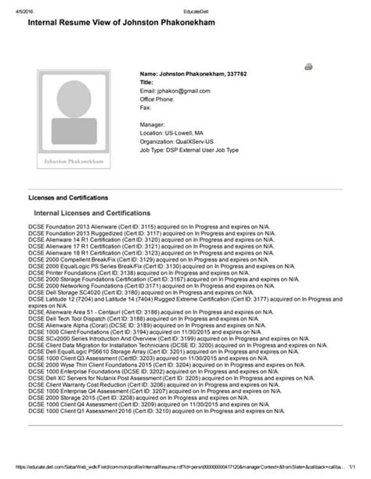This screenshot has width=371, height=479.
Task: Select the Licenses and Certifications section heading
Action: click(68, 197)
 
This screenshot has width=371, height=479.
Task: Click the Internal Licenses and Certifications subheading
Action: click(92, 213)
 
